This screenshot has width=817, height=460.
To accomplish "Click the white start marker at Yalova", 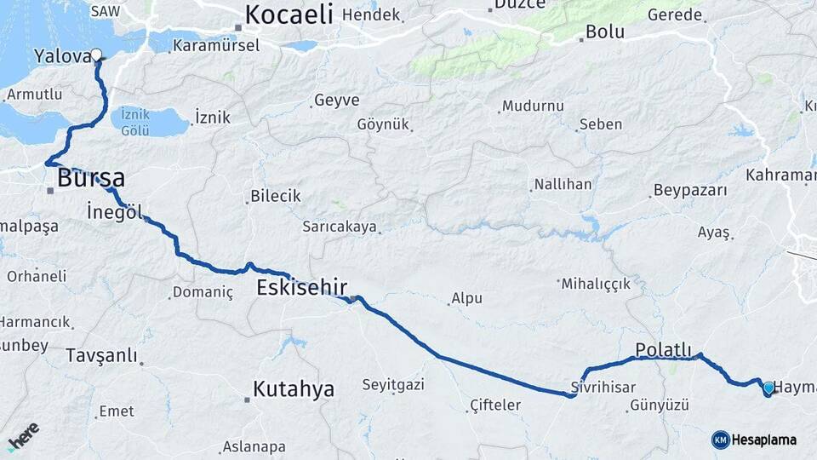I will [96, 55].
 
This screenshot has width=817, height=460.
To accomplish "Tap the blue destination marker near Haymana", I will [768, 388].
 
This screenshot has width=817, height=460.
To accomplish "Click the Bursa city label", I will [91, 178].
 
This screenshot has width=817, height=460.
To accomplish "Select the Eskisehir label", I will [301, 287].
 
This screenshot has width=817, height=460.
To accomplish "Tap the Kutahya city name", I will [293, 389].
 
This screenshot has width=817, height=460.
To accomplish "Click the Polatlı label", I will [668, 349].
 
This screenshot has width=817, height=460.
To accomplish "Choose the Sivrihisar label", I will [603, 387].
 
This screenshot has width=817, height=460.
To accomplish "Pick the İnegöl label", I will [115, 210].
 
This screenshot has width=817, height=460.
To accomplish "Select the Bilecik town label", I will [275, 196].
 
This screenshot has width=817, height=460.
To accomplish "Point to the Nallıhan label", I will [561, 184].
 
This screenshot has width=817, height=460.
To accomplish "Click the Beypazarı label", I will [690, 190].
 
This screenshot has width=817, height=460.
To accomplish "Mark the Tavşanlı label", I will [101, 355].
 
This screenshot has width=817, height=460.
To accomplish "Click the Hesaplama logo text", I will [763, 440].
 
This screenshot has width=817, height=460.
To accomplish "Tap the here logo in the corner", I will [23, 436].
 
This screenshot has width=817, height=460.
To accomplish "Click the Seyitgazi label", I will [393, 385].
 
